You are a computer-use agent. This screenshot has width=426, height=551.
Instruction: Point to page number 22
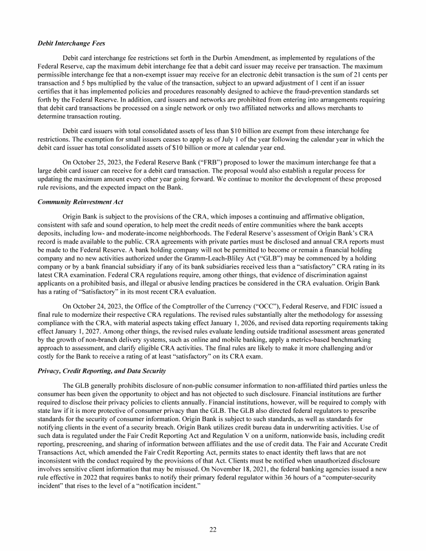(x=213, y=528)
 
